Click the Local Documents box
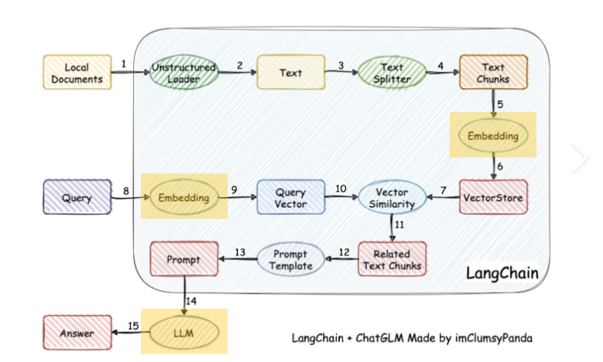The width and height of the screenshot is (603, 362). coord(77,73)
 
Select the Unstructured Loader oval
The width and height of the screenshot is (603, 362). coord(183,73)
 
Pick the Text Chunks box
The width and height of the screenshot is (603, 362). coord(493,73)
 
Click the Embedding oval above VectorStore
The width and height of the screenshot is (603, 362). coord(494,135)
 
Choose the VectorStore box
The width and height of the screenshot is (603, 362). coord(493,198)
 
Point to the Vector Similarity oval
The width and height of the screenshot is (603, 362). coord(392,197)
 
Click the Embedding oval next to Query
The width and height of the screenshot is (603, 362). coord(183,198)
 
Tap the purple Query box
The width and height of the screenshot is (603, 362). coord(77,198)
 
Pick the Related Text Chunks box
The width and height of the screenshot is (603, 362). coord(392,259)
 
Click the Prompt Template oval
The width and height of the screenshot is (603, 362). coord(290,259)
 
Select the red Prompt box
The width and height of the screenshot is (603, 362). coord(183,259)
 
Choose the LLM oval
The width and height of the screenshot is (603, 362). coord(183,333)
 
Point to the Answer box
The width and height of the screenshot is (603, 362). coord(77,333)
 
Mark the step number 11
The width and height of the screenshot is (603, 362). coord(400,225)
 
